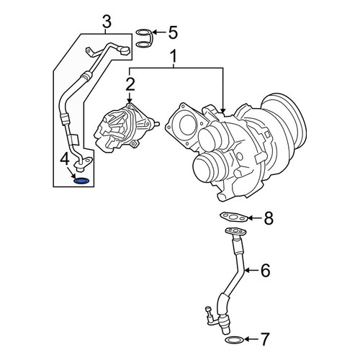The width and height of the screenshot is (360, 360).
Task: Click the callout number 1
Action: coord(174,56)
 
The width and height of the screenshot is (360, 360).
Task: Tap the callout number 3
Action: coord(107,21)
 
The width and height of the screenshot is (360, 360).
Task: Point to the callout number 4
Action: coord(65,160)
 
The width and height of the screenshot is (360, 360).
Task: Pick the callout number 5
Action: coord(173,32)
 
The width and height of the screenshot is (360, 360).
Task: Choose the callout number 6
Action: coord(265,271)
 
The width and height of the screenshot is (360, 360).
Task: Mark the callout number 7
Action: coord(265,339)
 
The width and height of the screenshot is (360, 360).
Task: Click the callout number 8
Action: coord(269,218)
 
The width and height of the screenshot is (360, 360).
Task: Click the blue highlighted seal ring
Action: coord(81,181)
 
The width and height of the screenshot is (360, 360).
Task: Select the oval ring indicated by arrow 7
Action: coord(234,339)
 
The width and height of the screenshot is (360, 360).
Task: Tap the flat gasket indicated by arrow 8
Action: coord(233,218)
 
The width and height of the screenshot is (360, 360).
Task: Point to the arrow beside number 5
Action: coord(159,32)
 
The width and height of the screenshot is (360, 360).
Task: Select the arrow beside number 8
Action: coord(255,218)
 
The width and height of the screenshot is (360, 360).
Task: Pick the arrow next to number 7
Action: coord(251,339)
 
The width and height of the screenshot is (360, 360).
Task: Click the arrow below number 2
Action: coord(130,98)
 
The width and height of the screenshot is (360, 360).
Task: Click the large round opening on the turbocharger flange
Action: coord(186,124)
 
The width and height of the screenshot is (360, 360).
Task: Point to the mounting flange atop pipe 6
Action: coord(235,231)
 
